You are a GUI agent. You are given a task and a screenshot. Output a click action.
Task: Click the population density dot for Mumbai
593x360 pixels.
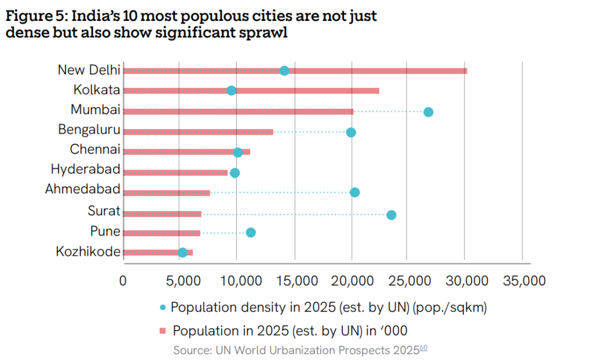pos(428,112)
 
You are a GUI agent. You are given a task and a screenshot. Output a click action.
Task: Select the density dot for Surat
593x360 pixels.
pos(391,215)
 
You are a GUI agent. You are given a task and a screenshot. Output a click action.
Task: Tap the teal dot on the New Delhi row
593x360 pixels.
pos(284,71)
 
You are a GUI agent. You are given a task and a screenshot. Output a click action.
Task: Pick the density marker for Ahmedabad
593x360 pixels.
pos(355,192)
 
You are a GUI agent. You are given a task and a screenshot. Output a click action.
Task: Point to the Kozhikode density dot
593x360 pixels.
pos(182,252)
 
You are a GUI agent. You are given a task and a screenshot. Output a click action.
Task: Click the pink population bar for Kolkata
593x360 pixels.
pos(307,91)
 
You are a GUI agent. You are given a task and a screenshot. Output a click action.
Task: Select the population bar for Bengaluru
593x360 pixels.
pos(197,132)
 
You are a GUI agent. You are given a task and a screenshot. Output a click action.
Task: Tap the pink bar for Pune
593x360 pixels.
pos(162,233)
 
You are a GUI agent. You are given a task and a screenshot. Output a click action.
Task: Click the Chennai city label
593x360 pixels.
pos(95,149)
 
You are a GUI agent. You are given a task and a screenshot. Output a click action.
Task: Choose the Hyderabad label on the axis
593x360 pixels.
pos(85,170)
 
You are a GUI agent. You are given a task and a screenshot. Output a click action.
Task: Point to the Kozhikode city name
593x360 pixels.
pos(88,252)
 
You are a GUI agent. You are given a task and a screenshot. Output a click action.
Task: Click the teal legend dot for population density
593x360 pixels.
pos(162,308)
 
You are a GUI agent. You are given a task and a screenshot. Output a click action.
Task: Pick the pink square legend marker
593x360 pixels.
pos(162,330)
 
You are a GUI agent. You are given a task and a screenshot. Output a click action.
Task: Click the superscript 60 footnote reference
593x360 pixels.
pos(423,348)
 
